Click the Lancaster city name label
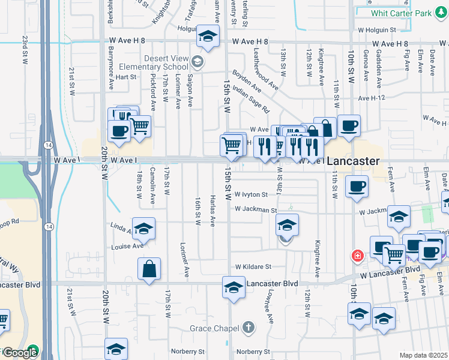(x=354, y=161)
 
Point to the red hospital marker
(x=358, y=256)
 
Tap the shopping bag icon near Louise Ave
(x=149, y=271)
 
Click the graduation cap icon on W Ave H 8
(x=207, y=38)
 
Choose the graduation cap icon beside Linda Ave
(x=143, y=230)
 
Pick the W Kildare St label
(x=253, y=266)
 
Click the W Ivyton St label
(x=251, y=194)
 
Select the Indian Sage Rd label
(x=251, y=99)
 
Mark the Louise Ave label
(x=127, y=247)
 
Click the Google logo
(x=20, y=353)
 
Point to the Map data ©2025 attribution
(x=423, y=355)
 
